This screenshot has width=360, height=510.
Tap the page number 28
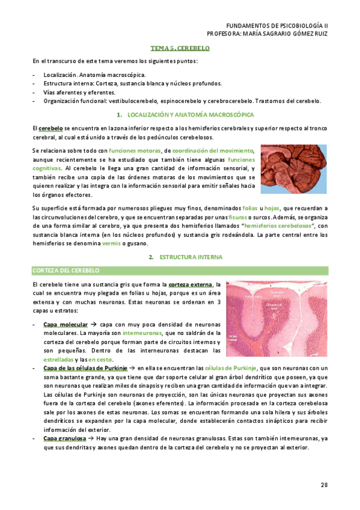(323, 484)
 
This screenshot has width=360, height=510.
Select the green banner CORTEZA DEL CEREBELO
(66, 271)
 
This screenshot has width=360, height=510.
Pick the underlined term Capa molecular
(66, 324)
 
